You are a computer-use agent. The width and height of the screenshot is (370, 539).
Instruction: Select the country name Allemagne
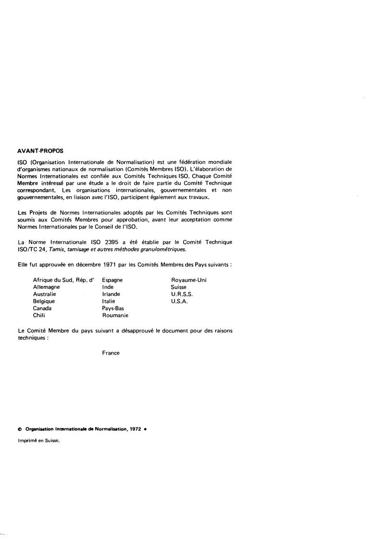(46, 287)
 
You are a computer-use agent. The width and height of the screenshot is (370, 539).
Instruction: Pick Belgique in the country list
(44, 301)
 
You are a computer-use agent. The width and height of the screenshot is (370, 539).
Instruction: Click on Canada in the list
(42, 308)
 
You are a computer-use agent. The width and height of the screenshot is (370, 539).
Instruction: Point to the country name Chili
(39, 316)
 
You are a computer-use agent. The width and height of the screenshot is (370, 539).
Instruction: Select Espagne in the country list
(112, 280)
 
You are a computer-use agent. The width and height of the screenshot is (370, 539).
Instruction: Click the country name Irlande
(111, 294)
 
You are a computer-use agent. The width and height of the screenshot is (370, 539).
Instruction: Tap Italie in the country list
(109, 301)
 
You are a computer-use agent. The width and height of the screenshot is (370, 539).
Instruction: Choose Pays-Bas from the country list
(113, 308)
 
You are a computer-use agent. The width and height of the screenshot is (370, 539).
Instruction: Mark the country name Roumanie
(115, 316)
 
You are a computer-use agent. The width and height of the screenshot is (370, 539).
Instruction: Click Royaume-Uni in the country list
(189, 280)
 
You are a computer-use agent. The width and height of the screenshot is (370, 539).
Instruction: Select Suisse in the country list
(179, 287)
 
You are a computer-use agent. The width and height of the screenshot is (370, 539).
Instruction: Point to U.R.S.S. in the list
(182, 294)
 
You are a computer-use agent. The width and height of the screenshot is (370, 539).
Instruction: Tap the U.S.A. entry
(179, 301)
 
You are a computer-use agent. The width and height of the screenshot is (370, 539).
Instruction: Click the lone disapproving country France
(111, 353)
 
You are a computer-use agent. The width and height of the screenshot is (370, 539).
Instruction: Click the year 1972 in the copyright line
(135, 429)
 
